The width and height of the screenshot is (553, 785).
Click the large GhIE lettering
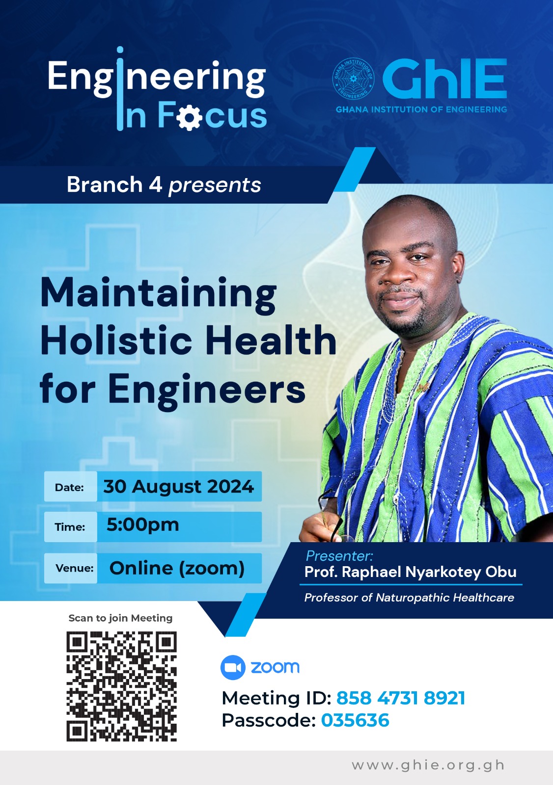click(x=444, y=79)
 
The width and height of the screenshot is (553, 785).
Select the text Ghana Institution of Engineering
click(x=421, y=109)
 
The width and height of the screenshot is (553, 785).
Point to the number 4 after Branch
click(x=155, y=184)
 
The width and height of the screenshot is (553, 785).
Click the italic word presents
click(x=215, y=186)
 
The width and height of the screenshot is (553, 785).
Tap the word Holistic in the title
click(x=116, y=340)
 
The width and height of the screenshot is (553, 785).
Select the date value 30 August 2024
click(x=179, y=486)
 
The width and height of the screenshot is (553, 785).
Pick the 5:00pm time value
click(x=143, y=525)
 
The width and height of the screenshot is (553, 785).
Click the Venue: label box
click(x=71, y=568)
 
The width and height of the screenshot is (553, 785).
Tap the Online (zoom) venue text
click(x=177, y=568)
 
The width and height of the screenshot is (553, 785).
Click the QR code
click(x=121, y=686)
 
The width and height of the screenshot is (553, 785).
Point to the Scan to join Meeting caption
click(x=120, y=618)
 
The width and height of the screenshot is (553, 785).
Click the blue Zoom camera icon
click(x=233, y=667)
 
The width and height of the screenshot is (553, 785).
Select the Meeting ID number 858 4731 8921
click(x=401, y=698)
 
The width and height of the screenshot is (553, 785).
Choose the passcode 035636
click(x=355, y=721)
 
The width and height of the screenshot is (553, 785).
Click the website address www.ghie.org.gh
click(x=428, y=765)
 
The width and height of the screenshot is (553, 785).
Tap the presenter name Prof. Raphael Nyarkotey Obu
click(x=411, y=572)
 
